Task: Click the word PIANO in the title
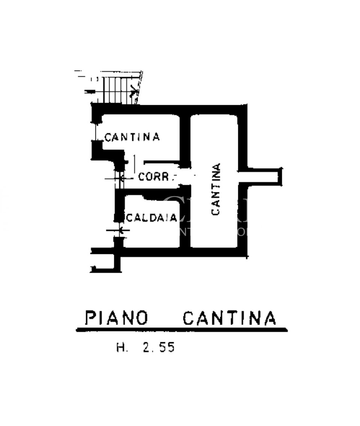point(116,318)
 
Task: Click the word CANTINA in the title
point(229,318)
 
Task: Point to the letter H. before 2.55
point(122,347)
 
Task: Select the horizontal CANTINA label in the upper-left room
point(132,137)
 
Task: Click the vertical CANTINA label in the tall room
point(216,189)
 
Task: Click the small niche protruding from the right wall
point(263,177)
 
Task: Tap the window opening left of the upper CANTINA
point(95,131)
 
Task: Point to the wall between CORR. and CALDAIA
point(150,193)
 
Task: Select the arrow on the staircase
point(132,89)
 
